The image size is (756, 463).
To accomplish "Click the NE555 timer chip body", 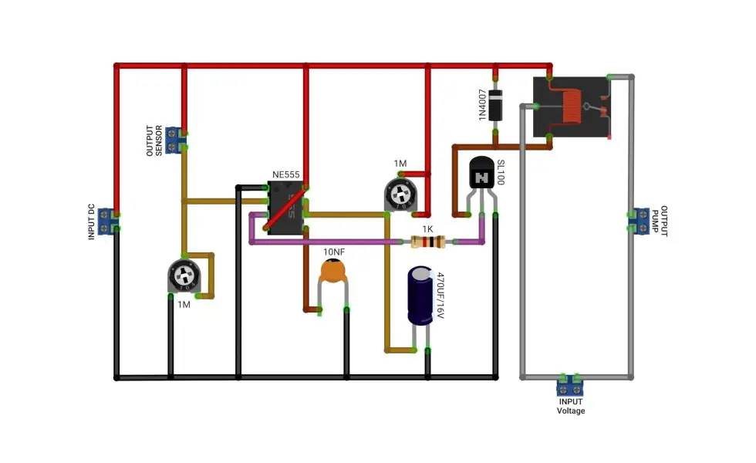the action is click(285, 208).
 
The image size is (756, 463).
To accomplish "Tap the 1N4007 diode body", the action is click(495, 105).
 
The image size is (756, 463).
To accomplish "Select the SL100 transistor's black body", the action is click(481, 173).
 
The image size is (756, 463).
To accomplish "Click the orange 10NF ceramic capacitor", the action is click(332, 271).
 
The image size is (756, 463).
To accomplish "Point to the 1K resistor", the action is click(427, 242).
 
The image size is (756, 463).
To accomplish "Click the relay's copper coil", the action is click(572, 107).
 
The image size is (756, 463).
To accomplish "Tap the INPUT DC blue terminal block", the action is click(107, 221).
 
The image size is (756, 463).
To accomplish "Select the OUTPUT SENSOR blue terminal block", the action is click(174, 140).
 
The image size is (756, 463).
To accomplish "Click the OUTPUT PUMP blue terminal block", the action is click(641, 221).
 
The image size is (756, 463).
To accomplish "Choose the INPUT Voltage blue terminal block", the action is click(570, 387).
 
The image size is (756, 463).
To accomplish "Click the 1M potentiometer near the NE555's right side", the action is click(400, 194).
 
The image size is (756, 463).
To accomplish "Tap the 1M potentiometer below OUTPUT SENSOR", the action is click(184, 276).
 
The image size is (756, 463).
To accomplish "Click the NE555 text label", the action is click(286, 174).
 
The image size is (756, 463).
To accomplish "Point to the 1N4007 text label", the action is click(482, 105).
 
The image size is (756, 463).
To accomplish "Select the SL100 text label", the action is click(501, 172).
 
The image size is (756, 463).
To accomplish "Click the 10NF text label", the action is click(334, 252).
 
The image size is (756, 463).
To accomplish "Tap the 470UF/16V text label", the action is click(440, 295).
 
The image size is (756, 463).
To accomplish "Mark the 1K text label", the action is click(427, 229).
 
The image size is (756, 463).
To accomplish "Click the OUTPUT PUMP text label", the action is click(660, 221).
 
